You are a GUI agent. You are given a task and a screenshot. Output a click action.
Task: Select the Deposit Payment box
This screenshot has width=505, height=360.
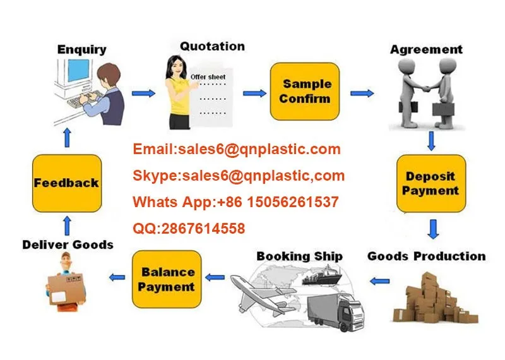[431, 183]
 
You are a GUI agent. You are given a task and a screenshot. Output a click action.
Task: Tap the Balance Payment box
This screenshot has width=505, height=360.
[166, 279]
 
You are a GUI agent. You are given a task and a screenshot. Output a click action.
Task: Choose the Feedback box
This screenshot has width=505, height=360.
[66, 183]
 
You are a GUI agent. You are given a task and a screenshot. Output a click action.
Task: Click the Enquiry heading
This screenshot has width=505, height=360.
[82, 49]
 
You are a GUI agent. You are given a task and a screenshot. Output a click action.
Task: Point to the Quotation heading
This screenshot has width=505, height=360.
[212, 46]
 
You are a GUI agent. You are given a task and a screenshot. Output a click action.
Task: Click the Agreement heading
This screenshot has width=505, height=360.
[426, 49]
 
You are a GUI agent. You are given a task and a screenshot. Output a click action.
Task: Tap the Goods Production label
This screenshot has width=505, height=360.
[427, 256]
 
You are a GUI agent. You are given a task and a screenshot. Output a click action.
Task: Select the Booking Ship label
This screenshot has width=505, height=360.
[299, 256]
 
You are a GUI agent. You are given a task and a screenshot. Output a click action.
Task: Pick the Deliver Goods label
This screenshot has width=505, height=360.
[68, 244]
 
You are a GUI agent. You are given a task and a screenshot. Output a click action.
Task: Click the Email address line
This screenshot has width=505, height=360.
[237, 150]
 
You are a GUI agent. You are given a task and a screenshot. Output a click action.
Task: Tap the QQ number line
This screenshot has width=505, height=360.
[189, 229]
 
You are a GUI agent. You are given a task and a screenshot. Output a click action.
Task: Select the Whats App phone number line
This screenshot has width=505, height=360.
[235, 202]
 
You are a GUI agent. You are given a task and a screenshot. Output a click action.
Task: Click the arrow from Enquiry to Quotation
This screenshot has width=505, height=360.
[143, 93]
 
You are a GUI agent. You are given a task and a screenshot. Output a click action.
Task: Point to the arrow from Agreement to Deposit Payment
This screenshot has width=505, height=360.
[431, 140]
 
